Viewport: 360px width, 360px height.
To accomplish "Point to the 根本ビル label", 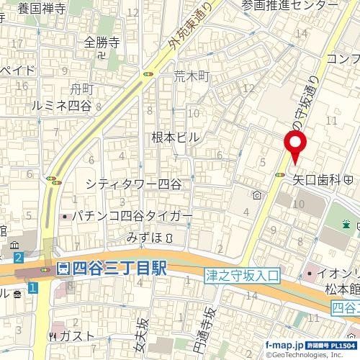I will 174,137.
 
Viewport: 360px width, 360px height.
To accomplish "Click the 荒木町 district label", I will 190,75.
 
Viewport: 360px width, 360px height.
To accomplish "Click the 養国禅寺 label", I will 41,9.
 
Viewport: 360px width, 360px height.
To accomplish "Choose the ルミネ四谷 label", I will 62,105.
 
